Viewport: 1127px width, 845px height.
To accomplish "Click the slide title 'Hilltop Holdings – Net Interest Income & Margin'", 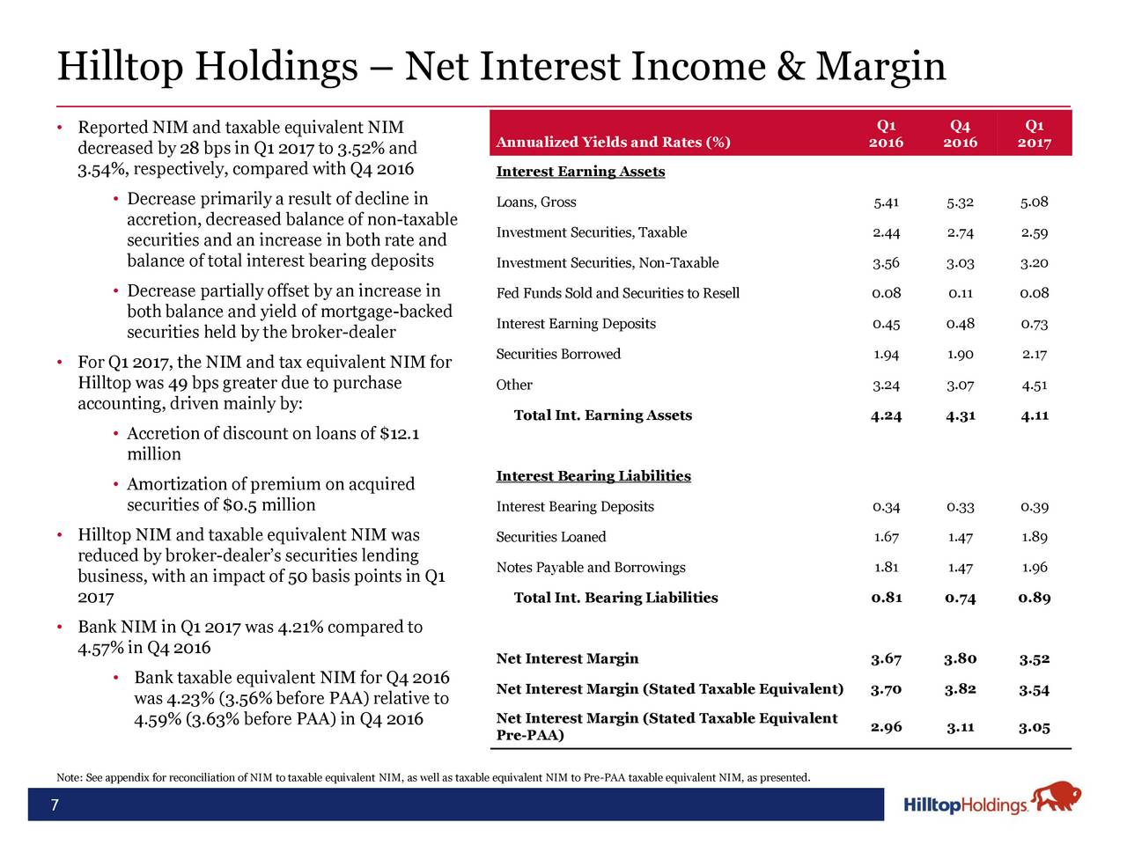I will (502, 67).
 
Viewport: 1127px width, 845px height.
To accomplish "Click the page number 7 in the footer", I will (55, 805).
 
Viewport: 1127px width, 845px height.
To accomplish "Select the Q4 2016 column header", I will (960, 134).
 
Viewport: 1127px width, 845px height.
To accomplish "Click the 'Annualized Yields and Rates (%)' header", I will (614, 143).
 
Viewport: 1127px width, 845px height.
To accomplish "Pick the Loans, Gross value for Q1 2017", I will (1035, 202).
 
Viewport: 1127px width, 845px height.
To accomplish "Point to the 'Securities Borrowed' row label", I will (558, 354).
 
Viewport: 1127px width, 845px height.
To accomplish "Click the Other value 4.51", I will (1035, 385).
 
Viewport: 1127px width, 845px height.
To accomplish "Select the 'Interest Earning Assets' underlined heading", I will (580, 172).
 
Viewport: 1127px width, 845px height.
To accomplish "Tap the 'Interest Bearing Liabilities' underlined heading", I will (593, 476).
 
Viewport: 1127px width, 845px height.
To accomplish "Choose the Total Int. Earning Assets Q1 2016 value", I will (886, 415).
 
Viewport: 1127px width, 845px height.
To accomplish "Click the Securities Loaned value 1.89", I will (1035, 537).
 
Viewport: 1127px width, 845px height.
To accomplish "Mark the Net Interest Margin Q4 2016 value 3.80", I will (960, 659).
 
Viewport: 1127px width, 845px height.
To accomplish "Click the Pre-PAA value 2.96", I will (886, 727).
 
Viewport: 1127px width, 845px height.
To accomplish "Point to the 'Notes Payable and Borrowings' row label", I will (591, 568).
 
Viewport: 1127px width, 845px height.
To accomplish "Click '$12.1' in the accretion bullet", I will (399, 433).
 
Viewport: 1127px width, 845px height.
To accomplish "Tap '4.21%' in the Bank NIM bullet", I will (305, 628).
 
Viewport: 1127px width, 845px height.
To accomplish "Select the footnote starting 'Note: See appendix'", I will (432, 777).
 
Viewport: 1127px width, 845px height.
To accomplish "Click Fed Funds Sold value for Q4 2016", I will (960, 293).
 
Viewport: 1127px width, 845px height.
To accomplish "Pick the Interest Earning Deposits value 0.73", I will (1035, 324).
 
